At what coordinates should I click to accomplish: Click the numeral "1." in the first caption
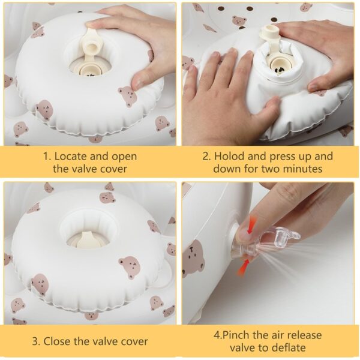[46, 156]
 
